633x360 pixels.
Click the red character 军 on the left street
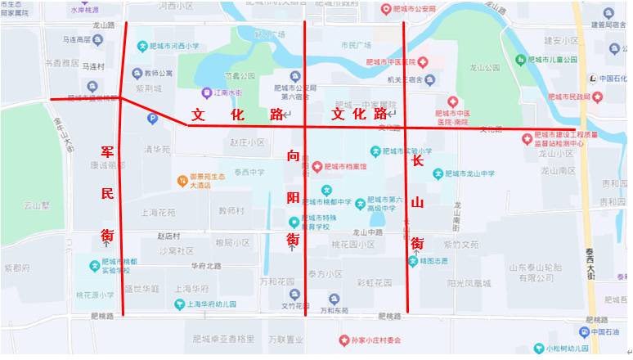107,153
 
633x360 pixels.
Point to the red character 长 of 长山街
418,161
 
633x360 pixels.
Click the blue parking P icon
151,119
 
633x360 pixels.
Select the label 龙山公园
486,70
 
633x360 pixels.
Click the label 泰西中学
249,172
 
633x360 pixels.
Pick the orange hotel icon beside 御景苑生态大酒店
182,179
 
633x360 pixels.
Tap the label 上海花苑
159,212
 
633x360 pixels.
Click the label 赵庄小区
248,142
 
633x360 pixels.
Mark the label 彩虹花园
375,283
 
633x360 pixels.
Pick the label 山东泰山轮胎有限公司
541,272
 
